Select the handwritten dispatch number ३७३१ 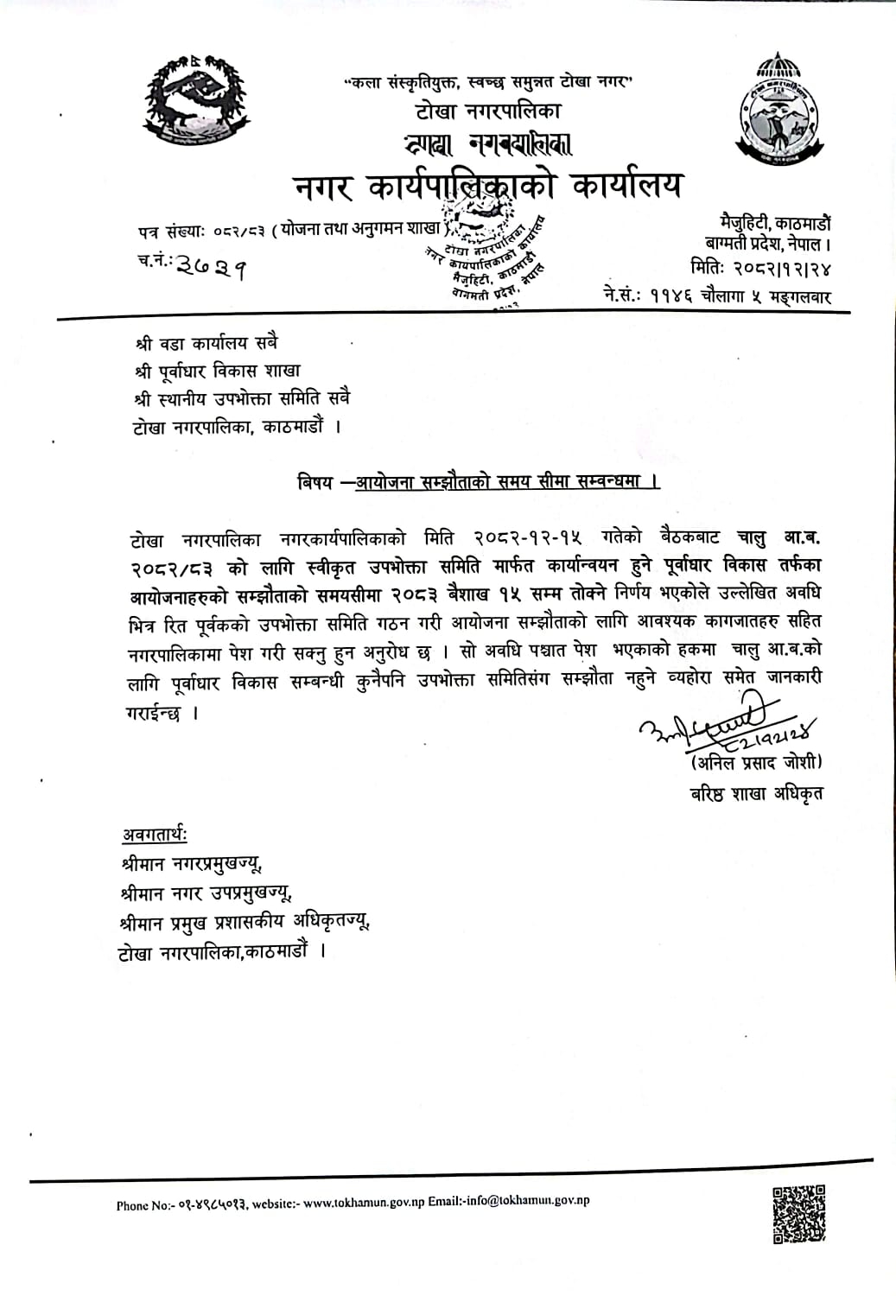(x=211, y=268)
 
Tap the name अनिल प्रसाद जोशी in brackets (x=756, y=762)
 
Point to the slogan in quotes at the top (x=488, y=84)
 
